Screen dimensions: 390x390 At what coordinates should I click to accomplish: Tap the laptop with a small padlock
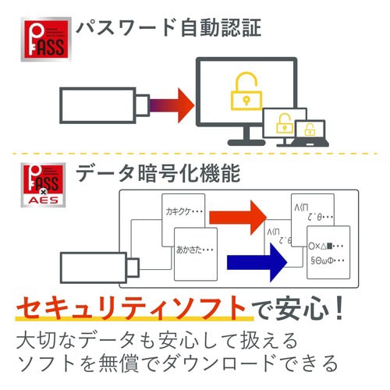pyautogui.click(x=310, y=131)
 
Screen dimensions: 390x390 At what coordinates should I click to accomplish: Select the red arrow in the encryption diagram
pyautogui.click(x=241, y=214)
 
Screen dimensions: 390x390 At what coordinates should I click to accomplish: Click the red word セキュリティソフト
pyautogui.click(x=133, y=309)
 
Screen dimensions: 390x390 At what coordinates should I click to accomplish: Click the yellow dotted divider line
pyautogui.click(x=195, y=153)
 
